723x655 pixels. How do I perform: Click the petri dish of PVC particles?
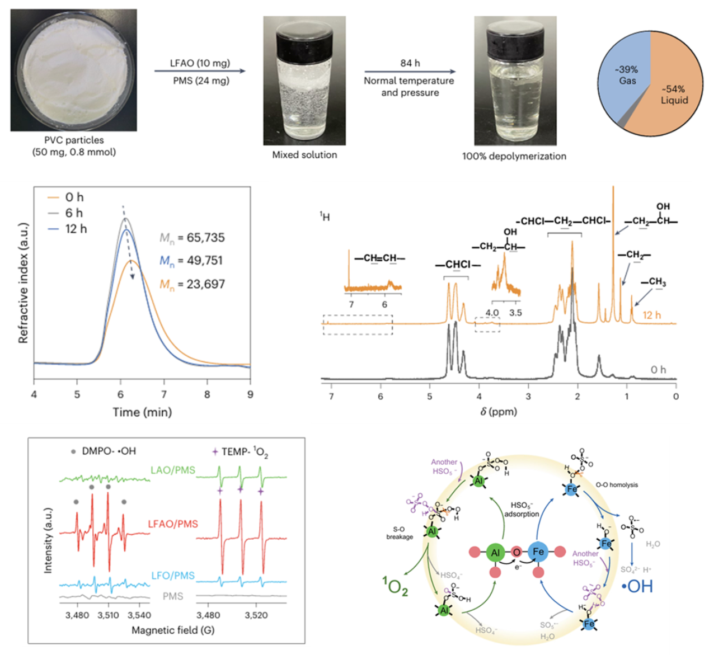(73, 70)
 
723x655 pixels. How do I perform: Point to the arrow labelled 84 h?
(410, 72)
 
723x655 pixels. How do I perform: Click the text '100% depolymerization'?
(514, 156)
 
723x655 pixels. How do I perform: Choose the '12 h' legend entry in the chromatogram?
(76, 229)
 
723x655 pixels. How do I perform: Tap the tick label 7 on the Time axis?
(164, 394)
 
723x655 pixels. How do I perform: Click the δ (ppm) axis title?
(499, 412)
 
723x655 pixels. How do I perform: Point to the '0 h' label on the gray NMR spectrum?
(658, 370)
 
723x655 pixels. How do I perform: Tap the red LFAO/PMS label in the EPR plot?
(173, 524)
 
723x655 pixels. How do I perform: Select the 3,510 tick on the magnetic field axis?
(108, 615)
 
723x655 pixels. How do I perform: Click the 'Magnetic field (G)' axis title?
(173, 630)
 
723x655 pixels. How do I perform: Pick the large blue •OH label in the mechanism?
(637, 586)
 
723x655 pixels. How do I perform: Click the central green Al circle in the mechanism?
(495, 553)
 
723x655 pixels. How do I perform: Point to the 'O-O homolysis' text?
(617, 485)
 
